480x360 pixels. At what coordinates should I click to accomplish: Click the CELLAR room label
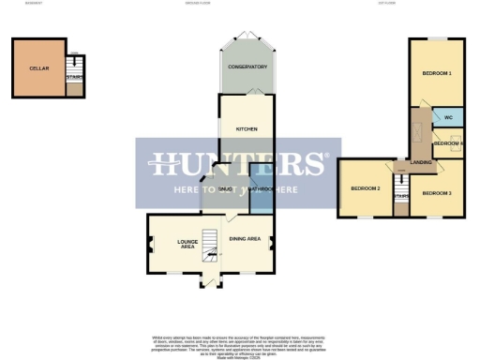click(x=38, y=68)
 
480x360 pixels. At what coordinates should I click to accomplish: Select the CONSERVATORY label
click(x=249, y=67)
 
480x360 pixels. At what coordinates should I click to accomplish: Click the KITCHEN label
click(x=247, y=128)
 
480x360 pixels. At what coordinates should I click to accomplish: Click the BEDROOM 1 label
click(x=437, y=73)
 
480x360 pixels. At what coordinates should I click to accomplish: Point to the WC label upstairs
click(x=448, y=118)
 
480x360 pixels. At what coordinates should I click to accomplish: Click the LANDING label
click(x=421, y=162)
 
